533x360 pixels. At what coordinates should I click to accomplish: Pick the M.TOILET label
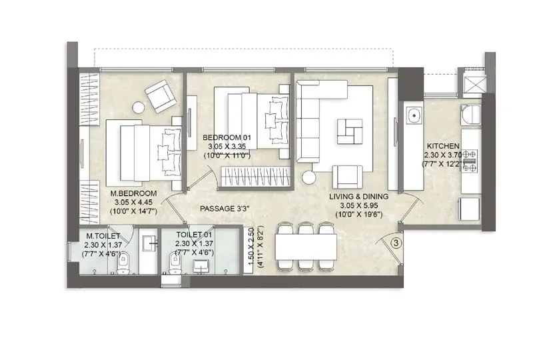click(x=103, y=235)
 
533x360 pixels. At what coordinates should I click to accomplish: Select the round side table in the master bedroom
click(x=139, y=107)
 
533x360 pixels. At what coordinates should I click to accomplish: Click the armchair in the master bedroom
click(x=160, y=96)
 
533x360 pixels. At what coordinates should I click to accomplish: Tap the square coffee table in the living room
click(x=350, y=131)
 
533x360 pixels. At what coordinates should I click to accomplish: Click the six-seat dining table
click(x=308, y=247)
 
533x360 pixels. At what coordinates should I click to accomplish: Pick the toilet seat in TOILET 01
click(x=175, y=267)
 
